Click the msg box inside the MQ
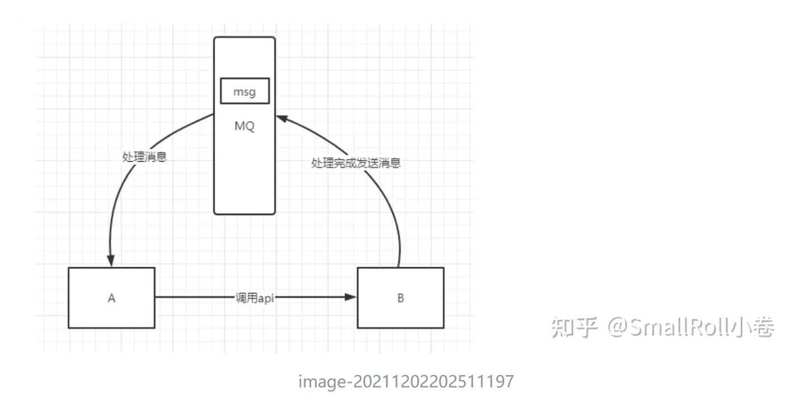coord(244,92)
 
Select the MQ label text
coord(244,126)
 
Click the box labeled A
coord(111,298)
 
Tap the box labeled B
coord(400,298)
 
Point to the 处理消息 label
coord(144,157)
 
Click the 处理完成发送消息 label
coord(356,163)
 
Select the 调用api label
coord(255,298)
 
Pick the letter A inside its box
coord(111,298)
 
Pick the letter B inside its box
coord(400,298)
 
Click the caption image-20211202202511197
coord(406,382)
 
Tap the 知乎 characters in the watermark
coord(573,327)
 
